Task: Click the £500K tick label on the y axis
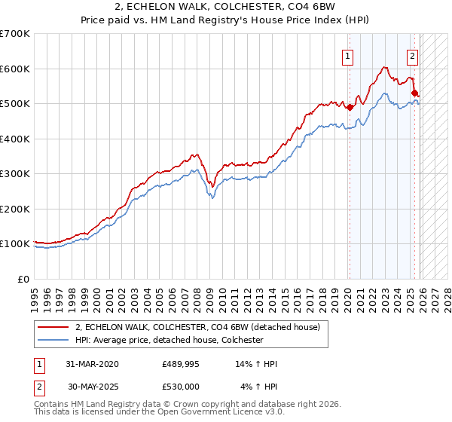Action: point(15,103)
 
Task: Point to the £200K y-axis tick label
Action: point(15,209)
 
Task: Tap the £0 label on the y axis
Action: point(24,279)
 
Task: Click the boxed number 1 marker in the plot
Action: point(348,54)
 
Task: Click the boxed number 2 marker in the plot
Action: point(413,54)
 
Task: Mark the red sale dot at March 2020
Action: point(350,107)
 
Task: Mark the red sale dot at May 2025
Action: point(415,93)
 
